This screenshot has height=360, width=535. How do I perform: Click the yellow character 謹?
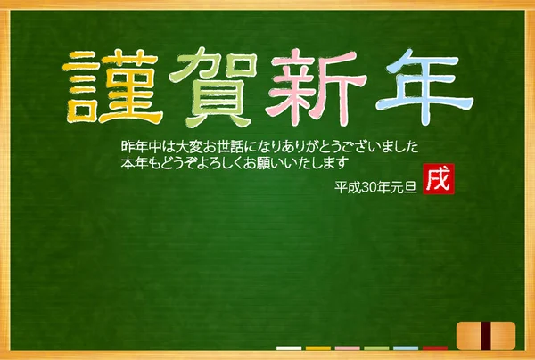coord(111,87)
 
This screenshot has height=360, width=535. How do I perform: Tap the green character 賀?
coord(213,87)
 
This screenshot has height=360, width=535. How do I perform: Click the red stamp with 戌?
coord(439,179)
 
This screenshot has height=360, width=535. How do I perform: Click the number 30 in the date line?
coord(369,187)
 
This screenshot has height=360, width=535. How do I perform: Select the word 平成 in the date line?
coord(348,187)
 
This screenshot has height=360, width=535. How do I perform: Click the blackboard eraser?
coord(486,336)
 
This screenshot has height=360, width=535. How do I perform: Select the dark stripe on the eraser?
coord(486,336)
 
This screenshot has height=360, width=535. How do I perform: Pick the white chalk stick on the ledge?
coord(289,348)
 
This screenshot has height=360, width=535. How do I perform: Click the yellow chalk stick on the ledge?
coord(318,348)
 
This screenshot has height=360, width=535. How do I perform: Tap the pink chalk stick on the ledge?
coord(348,348)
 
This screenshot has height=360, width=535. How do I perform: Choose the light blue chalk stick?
coord(406,348)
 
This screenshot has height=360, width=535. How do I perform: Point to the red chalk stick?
coord(435,348)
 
